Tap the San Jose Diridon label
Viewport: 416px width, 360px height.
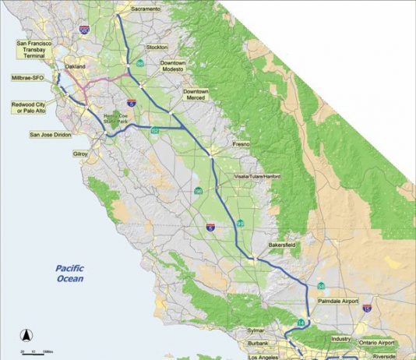point(51,134)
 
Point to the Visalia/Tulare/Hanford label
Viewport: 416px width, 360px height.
point(256,177)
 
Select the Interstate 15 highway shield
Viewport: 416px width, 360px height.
point(366,309)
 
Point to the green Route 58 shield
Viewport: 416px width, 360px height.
point(321,286)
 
